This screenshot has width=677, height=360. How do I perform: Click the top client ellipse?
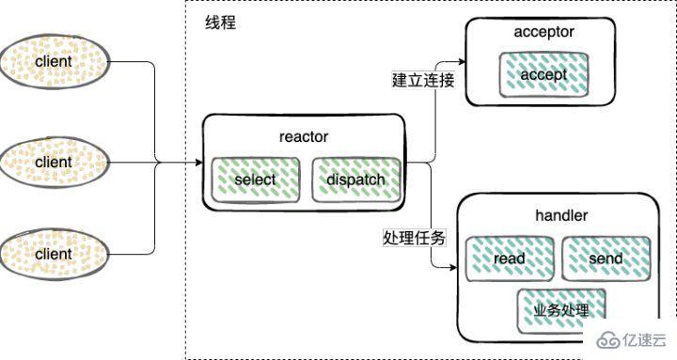(x=54, y=62)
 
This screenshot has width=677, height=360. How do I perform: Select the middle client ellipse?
(x=54, y=162)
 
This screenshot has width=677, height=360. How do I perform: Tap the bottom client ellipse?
(x=54, y=254)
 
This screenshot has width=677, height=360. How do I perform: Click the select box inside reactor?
(x=256, y=180)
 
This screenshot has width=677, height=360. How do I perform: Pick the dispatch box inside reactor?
(x=355, y=180)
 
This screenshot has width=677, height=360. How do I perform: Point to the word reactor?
(x=304, y=137)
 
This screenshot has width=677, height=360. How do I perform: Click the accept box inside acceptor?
(x=544, y=72)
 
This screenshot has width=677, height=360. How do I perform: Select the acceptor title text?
(x=543, y=33)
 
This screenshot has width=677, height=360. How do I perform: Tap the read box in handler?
(x=509, y=258)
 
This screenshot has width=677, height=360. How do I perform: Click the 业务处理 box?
(x=560, y=309)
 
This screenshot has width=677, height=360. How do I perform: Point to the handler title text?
(x=559, y=216)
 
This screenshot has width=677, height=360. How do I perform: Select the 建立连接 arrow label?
(x=423, y=80)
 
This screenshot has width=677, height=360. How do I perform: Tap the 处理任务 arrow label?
(x=415, y=239)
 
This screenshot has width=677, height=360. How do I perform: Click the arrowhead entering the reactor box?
(x=197, y=163)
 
